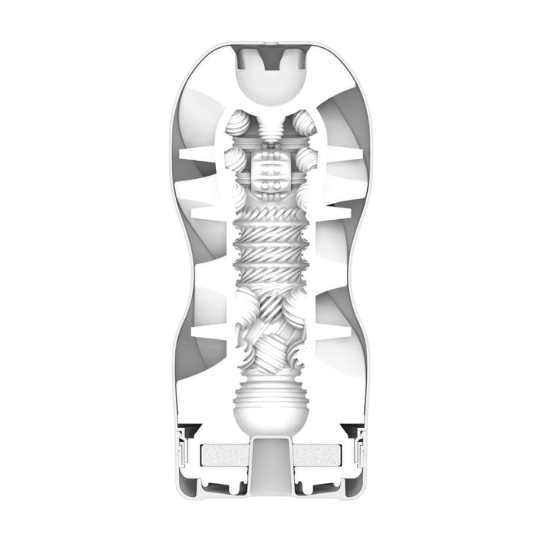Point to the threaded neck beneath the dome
(271, 126)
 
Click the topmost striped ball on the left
(242, 126)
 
